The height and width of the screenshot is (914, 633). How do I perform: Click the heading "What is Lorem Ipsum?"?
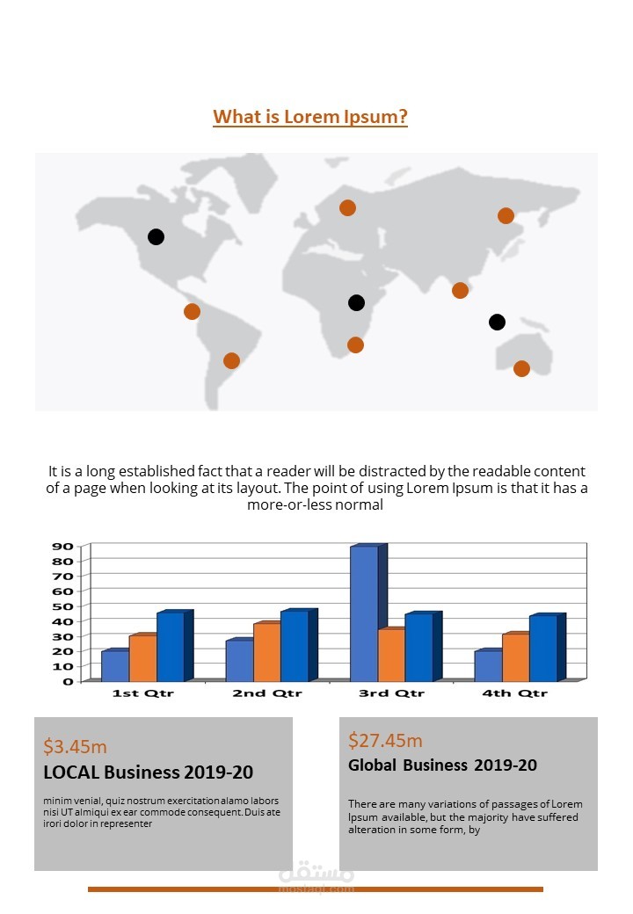pyautogui.click(x=310, y=117)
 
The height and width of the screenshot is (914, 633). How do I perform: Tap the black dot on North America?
pyautogui.click(x=156, y=236)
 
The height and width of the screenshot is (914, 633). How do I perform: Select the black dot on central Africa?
pyautogui.click(x=356, y=302)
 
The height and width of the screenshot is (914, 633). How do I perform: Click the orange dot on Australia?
pyautogui.click(x=521, y=368)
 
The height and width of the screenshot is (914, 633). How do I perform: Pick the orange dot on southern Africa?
pyautogui.click(x=355, y=345)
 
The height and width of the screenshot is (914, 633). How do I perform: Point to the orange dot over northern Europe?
pyautogui.click(x=347, y=207)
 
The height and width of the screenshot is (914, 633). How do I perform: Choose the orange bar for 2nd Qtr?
pyautogui.click(x=266, y=651)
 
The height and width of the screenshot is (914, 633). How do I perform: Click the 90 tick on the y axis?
pyautogui.click(x=62, y=546)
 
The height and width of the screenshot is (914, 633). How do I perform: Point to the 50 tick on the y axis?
pyautogui.click(x=62, y=606)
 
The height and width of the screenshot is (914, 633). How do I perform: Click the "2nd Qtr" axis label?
pyautogui.click(x=267, y=693)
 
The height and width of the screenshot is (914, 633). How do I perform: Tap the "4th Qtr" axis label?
pyautogui.click(x=514, y=693)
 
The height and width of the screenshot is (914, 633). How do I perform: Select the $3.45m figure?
pyautogui.click(x=76, y=747)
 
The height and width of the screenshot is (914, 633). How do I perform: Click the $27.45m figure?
pyautogui.click(x=385, y=740)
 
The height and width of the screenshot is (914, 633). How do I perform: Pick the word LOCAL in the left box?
pyautogui.click(x=71, y=773)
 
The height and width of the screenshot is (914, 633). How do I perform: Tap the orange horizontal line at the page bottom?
pyautogui.click(x=316, y=889)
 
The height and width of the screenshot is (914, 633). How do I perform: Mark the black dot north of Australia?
pyautogui.click(x=497, y=322)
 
